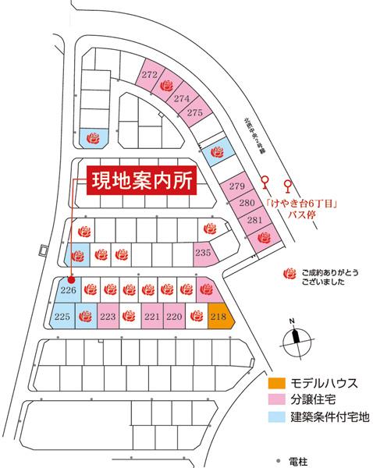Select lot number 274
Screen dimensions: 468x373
181,98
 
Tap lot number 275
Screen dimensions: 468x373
195,113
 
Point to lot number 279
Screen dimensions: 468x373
236,186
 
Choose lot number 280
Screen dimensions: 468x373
246,204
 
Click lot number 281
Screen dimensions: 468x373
254,220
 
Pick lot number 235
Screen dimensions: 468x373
203,252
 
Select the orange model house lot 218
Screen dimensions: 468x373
218,316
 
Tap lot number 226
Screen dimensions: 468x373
68,289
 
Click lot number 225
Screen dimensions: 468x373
63,316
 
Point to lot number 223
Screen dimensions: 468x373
108,316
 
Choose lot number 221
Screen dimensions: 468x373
152,316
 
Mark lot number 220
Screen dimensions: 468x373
174,316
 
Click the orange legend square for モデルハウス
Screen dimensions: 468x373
274,383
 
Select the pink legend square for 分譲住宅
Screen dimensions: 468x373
274,399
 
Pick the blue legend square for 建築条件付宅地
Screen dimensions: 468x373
274,416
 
